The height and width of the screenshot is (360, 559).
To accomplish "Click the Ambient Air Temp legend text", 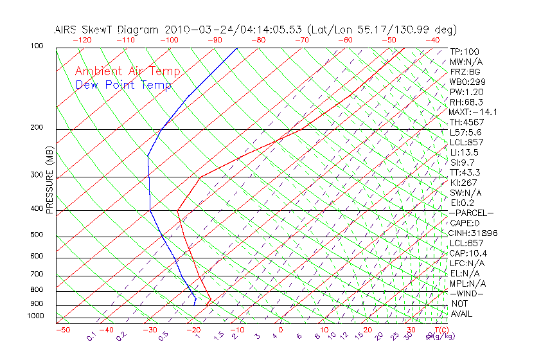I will (127, 71).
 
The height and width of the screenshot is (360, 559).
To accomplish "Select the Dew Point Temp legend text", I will (123, 85).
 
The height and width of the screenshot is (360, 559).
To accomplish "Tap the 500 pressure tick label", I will (36, 235).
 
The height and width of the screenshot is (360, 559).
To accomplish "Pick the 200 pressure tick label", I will (36, 128).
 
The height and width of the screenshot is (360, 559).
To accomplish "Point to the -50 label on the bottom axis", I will (62, 330).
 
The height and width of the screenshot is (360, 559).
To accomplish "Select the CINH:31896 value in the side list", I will (474, 233).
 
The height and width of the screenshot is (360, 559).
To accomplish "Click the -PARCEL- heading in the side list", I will (471, 213).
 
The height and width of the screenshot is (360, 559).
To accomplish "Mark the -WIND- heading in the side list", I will (467, 293).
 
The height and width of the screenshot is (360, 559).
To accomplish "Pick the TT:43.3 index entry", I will (466, 172).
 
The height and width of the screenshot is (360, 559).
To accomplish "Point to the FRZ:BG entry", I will (465, 71).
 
